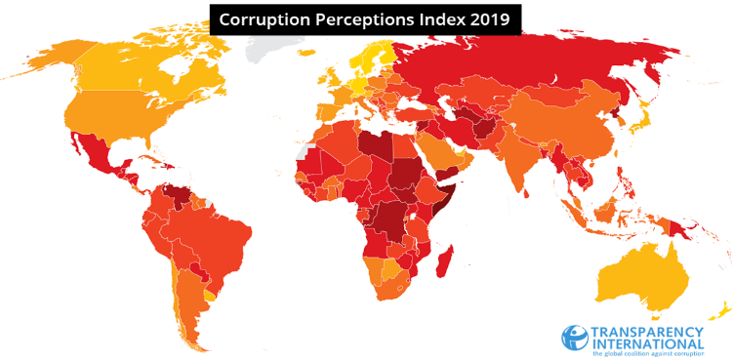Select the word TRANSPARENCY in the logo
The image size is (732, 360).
[x=647, y=330]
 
